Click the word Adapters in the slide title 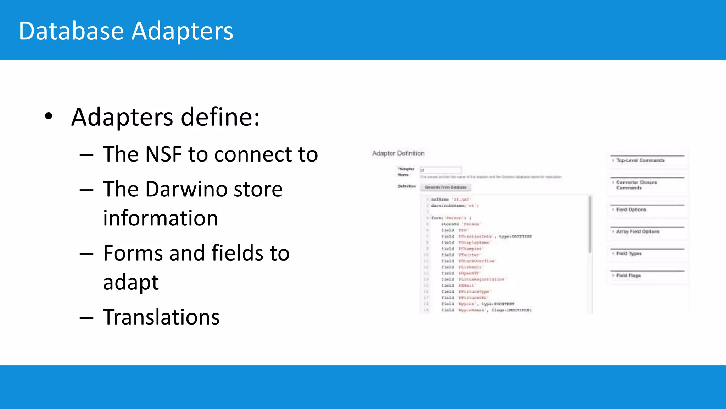click(182, 31)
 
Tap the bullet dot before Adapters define click(49, 116)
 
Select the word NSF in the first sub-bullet click(163, 154)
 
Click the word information click(160, 218)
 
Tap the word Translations click(161, 317)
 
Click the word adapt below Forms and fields click(131, 282)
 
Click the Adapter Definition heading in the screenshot click(398, 153)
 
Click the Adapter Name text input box click(441, 170)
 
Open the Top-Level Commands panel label click(640, 160)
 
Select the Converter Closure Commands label click(636, 185)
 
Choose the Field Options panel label click(631, 209)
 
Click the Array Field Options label click(638, 231)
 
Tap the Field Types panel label click(629, 253)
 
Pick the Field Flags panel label click(628, 276)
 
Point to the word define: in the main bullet click(220, 117)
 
